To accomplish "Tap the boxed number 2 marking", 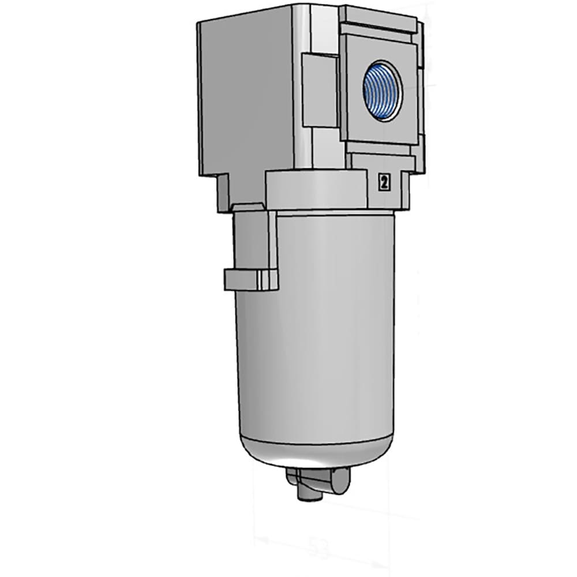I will click(383, 182).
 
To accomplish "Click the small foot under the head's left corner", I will click(225, 193).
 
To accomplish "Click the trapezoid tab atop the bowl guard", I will click(248, 206).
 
